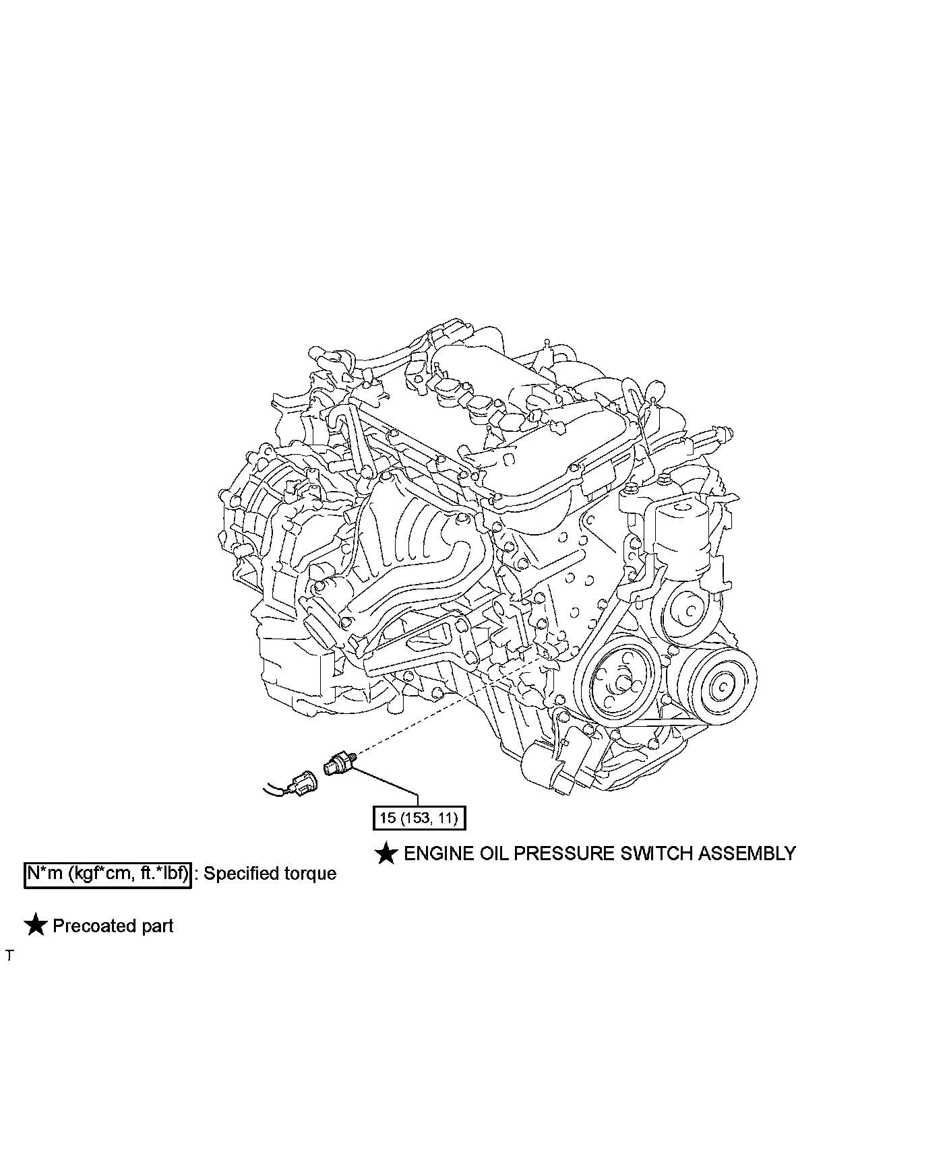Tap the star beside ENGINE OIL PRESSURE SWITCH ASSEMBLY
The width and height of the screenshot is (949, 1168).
tap(386, 853)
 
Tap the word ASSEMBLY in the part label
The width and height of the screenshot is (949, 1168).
tap(747, 853)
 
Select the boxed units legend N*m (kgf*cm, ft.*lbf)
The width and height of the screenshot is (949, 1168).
tap(108, 874)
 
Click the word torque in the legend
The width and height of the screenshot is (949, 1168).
tap(310, 874)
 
